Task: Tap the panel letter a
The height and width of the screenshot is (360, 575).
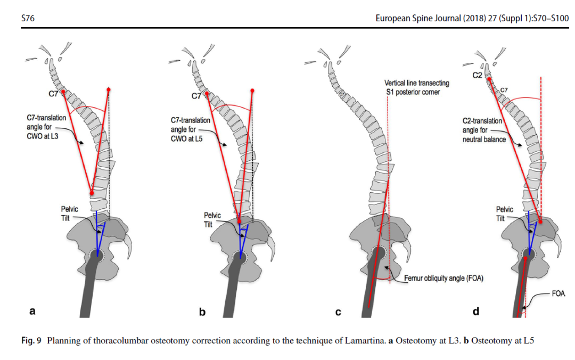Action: pos(32,312)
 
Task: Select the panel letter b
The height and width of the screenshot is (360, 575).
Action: pos(202,312)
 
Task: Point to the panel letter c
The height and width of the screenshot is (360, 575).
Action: pos(338,312)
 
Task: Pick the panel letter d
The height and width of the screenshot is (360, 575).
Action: pos(475,311)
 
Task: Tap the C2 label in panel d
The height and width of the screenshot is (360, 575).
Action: pos(478,76)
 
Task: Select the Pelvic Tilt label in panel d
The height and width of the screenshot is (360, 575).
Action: pos(505,214)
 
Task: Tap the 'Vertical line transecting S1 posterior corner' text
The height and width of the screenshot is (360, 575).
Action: pos(417,87)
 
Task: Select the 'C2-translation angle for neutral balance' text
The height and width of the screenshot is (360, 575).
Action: pos(483,130)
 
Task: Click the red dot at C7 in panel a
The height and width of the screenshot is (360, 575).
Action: pos(63,92)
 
